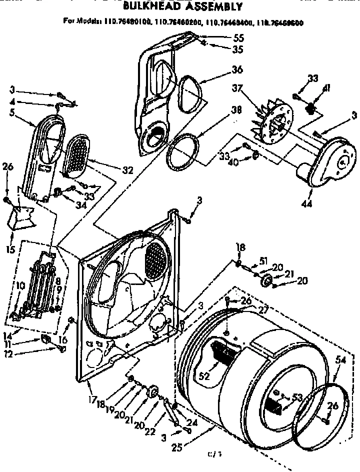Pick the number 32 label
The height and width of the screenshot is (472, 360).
point(127,170)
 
